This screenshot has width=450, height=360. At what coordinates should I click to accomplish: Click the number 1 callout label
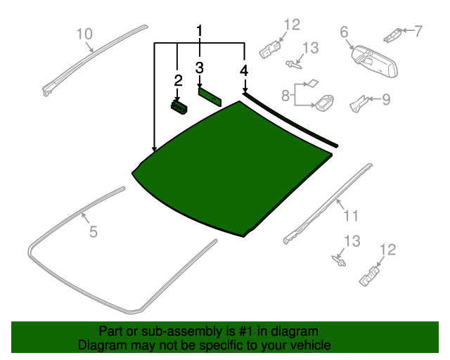(x=200, y=31)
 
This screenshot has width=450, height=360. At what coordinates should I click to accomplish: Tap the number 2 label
(x=178, y=80)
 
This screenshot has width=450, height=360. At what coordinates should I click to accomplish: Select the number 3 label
(x=200, y=67)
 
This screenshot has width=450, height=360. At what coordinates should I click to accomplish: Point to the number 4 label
(x=244, y=70)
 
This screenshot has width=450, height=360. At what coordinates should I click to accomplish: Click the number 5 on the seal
(x=94, y=231)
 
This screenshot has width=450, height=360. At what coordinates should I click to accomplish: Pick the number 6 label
(x=345, y=32)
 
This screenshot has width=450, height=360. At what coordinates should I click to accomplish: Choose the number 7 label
(x=418, y=31)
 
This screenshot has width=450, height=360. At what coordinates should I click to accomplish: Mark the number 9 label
(x=385, y=99)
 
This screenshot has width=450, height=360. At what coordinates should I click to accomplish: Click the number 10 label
(x=84, y=33)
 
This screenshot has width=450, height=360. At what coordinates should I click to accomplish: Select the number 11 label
(x=351, y=215)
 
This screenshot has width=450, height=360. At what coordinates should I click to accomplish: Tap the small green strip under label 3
(x=210, y=96)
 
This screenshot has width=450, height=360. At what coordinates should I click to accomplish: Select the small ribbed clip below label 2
(x=180, y=105)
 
